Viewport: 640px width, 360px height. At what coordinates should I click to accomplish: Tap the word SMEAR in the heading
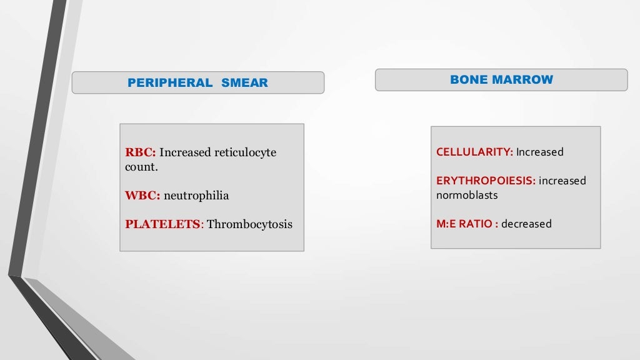[244, 83]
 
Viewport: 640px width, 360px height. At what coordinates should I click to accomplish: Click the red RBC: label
[141, 152]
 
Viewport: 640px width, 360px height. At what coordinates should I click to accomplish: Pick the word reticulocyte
[245, 152]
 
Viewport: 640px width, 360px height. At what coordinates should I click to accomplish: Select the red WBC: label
[142, 196]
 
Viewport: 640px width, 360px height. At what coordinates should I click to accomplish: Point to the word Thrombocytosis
[249, 224]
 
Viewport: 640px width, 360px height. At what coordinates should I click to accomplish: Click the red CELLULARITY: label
[474, 152]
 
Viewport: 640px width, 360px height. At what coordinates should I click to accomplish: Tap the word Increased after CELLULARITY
[540, 152]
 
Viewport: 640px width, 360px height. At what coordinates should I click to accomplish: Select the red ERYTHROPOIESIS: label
[486, 181]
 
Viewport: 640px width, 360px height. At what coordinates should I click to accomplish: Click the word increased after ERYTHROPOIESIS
[562, 181]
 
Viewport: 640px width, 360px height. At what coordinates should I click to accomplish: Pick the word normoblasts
[467, 195]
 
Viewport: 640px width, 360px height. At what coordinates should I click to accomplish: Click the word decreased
[526, 224]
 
